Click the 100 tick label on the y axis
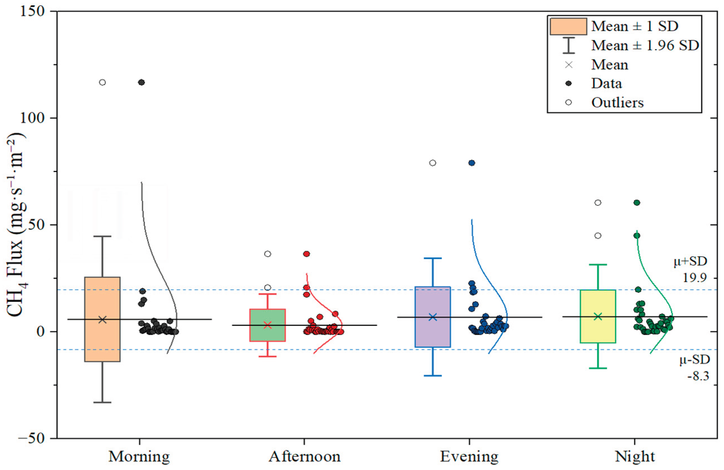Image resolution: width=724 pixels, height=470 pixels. tap(32, 118)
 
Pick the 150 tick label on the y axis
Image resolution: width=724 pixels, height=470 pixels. tap(32, 11)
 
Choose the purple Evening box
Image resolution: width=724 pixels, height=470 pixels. tap(432, 332)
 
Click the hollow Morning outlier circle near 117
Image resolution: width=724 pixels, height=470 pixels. tap(103, 82)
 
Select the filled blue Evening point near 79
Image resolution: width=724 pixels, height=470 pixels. tap(472, 163)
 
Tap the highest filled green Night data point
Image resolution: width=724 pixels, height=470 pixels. tap(637, 202)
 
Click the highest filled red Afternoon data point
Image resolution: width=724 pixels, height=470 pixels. tap(307, 254)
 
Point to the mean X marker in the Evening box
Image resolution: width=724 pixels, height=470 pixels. tap(432, 317)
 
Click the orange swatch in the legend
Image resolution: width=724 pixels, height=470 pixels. tap(568, 26)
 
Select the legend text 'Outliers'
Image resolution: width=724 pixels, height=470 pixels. tap(617, 103)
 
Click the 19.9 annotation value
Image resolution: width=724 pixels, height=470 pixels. tap(695, 278)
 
